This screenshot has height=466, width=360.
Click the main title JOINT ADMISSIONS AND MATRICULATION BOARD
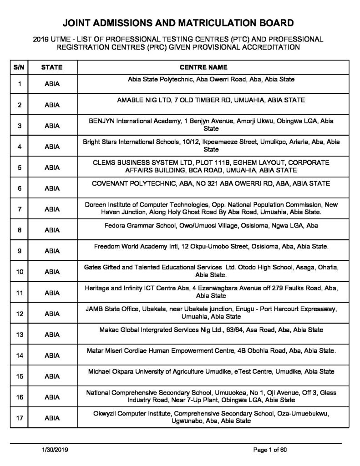[x=180, y=23]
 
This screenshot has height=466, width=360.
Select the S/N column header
[x=20, y=67]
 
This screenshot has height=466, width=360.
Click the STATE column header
[x=52, y=67]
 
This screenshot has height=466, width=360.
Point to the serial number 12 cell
[x=20, y=314]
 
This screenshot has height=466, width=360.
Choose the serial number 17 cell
[x=20, y=418]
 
